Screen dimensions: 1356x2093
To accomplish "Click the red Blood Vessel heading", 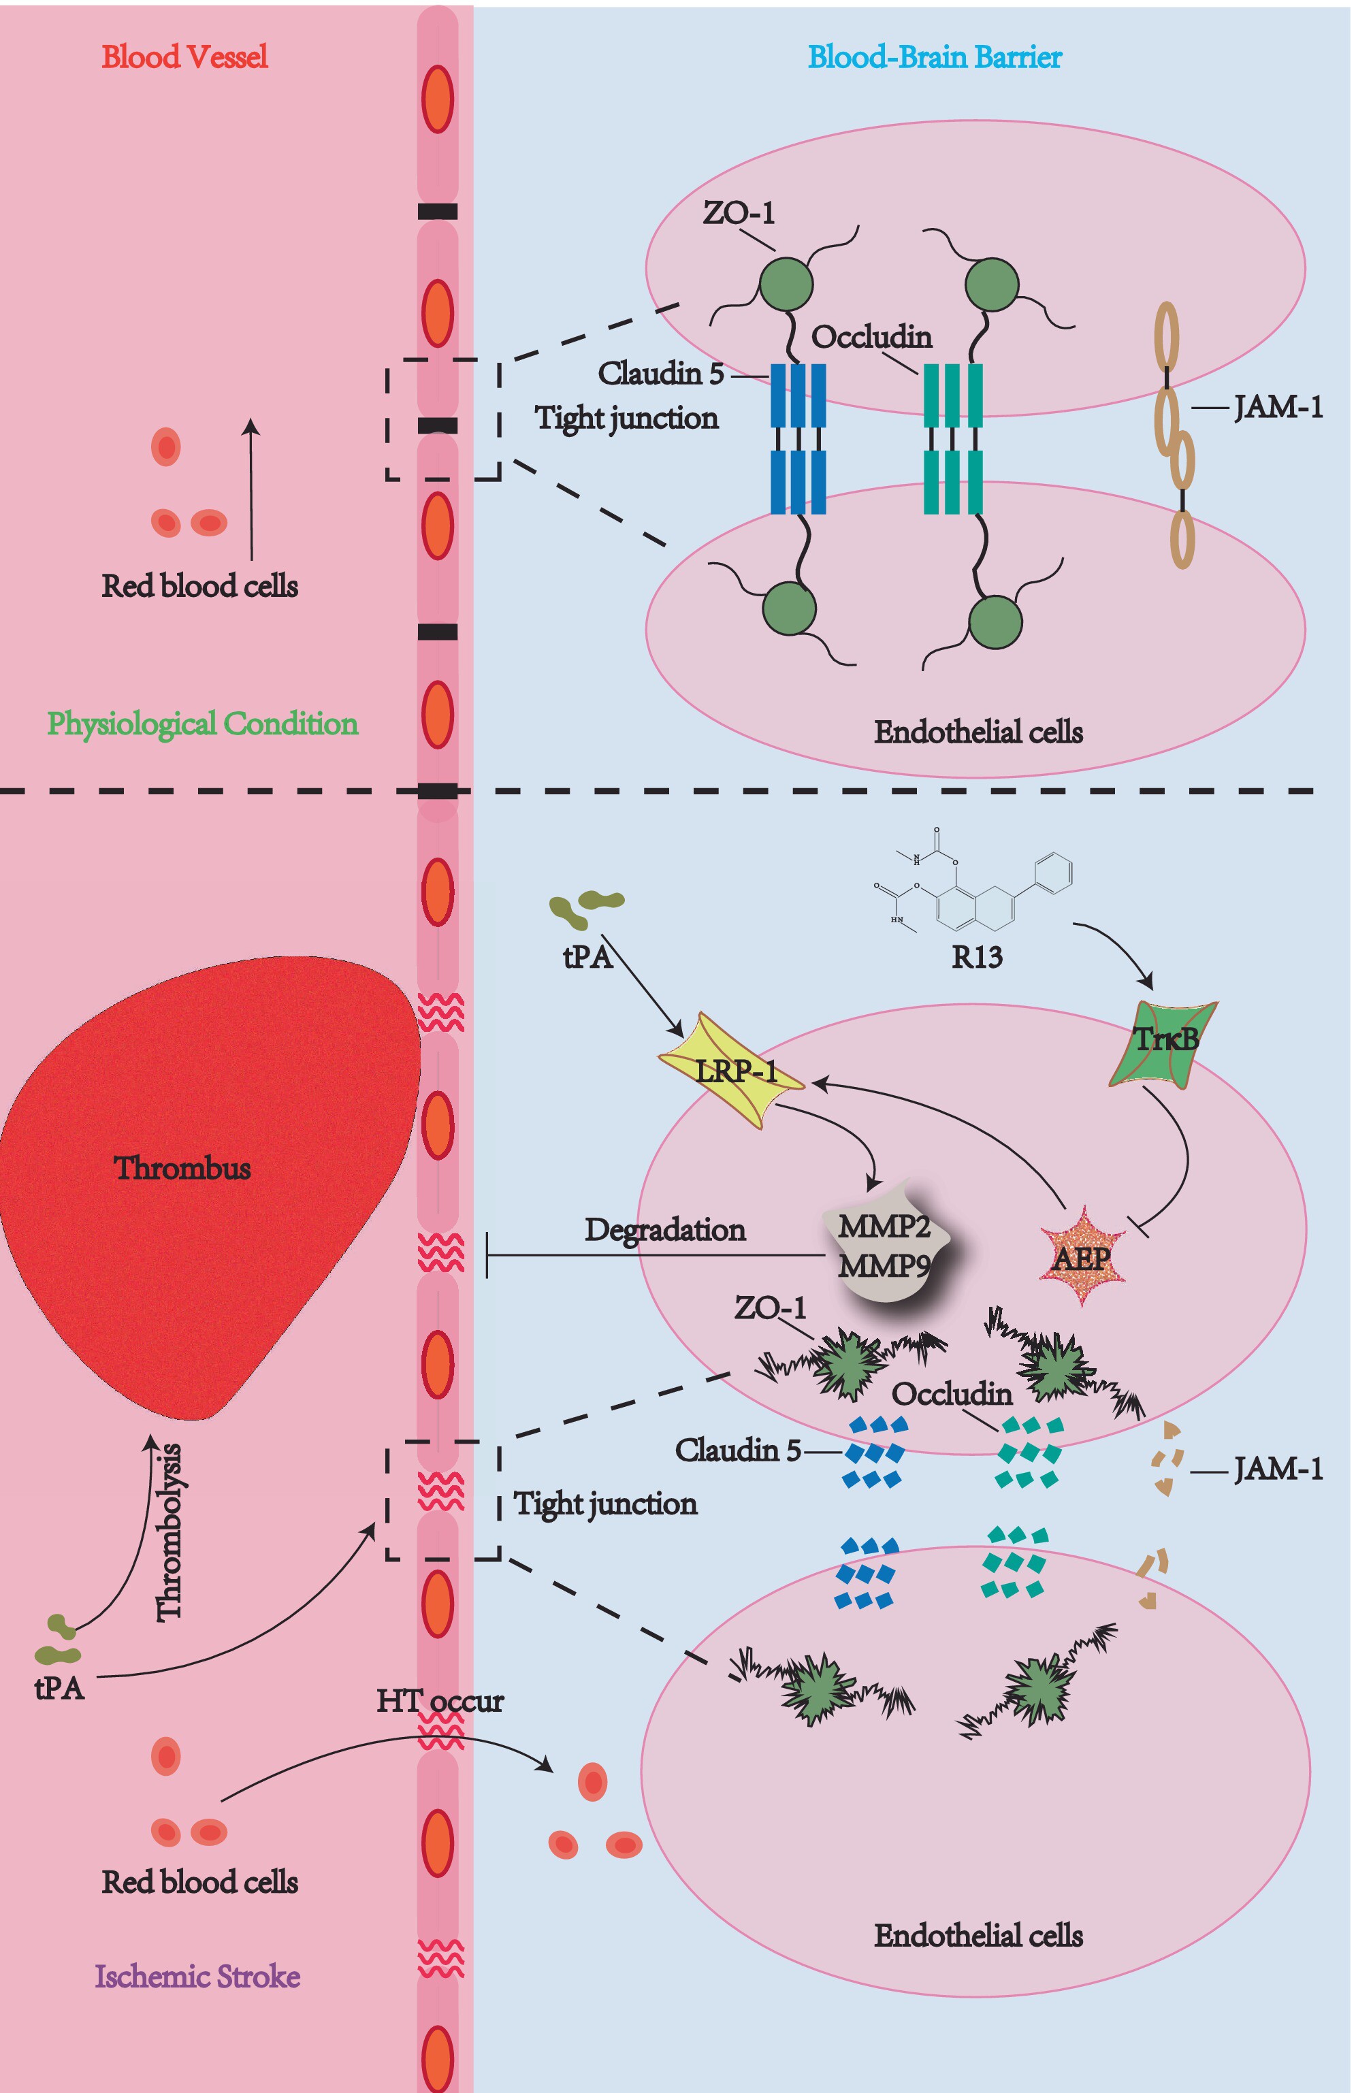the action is (184, 57).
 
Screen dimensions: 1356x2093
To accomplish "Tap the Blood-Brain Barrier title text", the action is (935, 57).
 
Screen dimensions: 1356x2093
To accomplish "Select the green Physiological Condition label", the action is (202, 724).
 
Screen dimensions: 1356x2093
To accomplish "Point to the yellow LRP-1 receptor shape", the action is (732, 1070).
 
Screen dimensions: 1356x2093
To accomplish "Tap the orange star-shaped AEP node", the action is (1082, 1256).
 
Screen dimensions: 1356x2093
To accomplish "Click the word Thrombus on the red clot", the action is (182, 1168).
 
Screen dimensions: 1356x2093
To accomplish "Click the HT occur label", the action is (440, 1702).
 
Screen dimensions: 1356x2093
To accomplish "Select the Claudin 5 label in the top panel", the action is (661, 374).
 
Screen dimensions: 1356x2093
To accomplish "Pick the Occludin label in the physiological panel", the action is (871, 337).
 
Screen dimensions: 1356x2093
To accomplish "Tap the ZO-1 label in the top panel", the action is (739, 213).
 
